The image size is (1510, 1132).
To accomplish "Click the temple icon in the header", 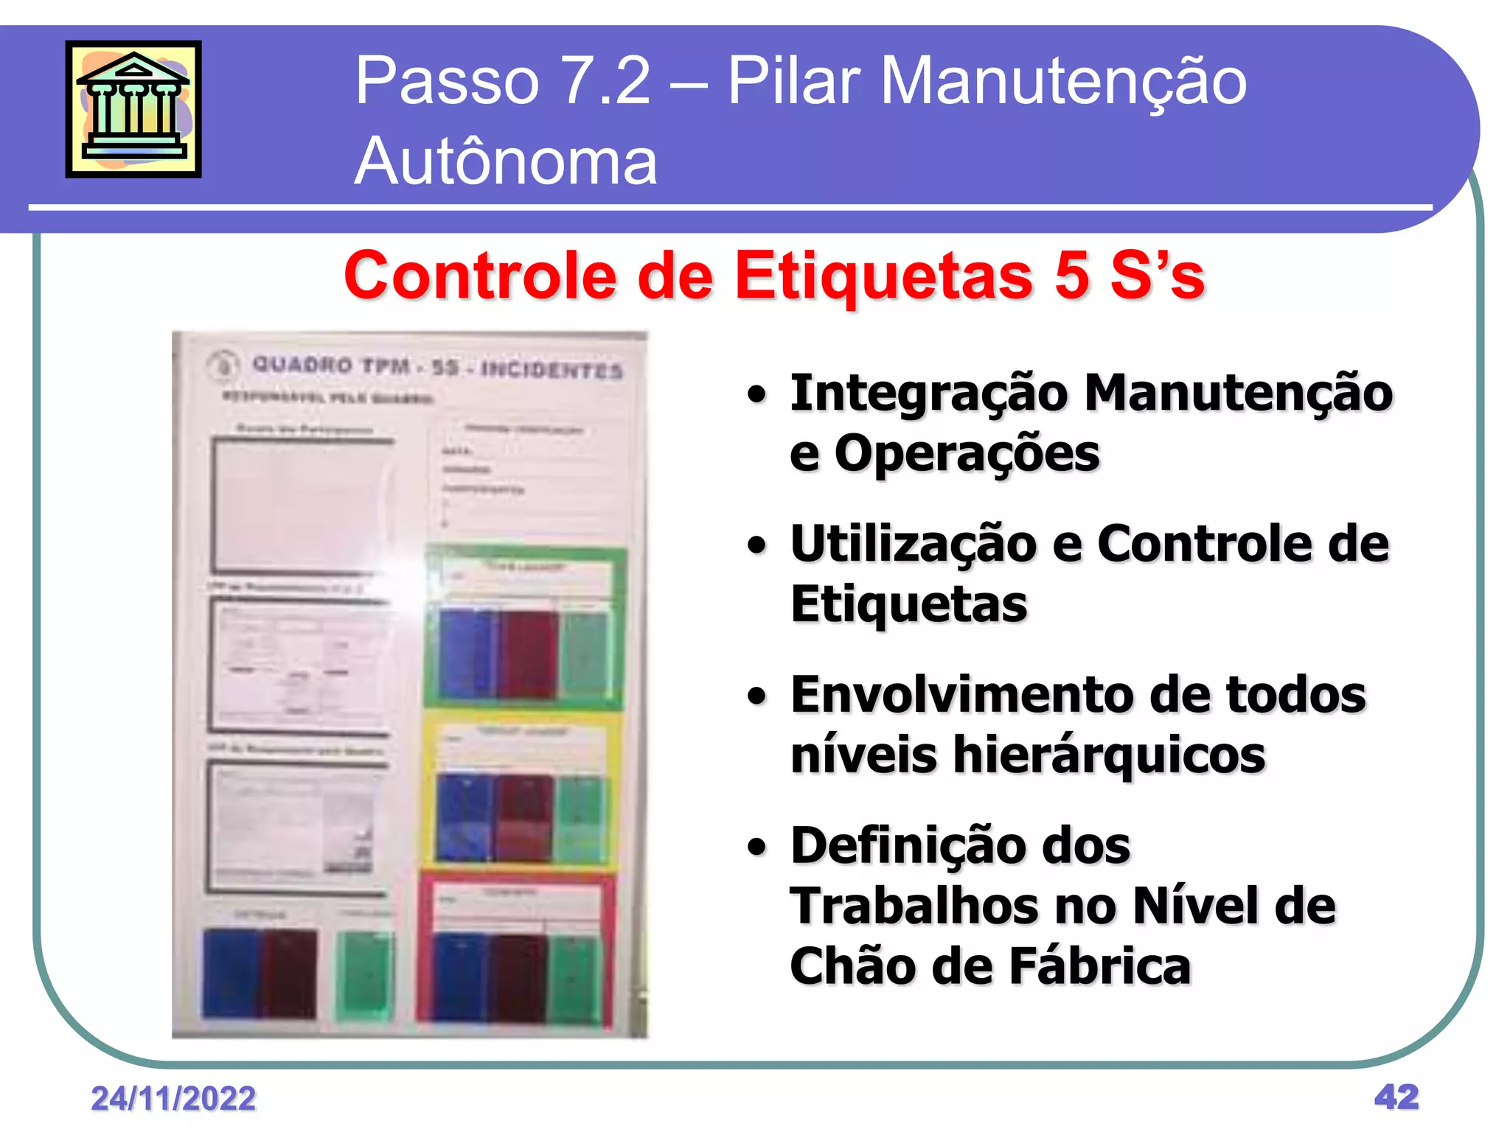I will [133, 109].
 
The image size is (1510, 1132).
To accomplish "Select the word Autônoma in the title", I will [505, 161].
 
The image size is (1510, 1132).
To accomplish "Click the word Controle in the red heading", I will [479, 276].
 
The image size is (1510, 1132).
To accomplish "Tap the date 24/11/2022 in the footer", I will [173, 1099].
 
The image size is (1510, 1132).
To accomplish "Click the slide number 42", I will [1396, 1097].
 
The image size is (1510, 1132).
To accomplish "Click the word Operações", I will [967, 453].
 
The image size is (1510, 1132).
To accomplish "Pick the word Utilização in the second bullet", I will [913, 545].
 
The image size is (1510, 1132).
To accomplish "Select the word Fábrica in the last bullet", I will [1099, 966].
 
